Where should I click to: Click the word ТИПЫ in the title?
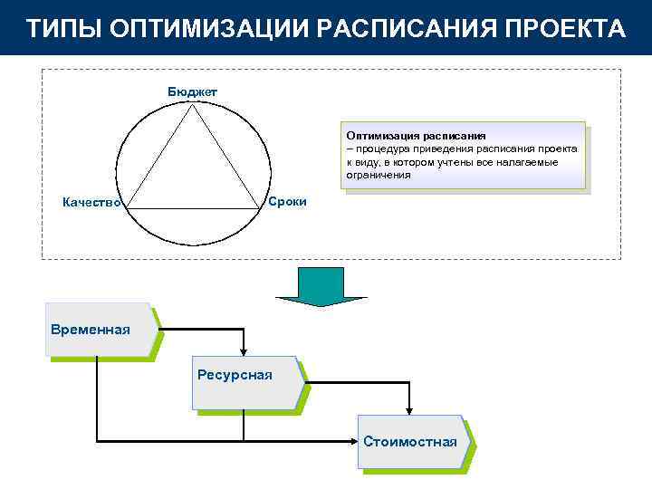tap(62, 27)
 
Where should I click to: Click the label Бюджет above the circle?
tap(192, 91)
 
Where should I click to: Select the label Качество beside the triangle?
tap(91, 202)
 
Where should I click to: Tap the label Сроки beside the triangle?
tap(288, 200)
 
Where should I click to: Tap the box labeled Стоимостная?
tap(412, 442)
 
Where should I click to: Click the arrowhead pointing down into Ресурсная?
tap(243, 350)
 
